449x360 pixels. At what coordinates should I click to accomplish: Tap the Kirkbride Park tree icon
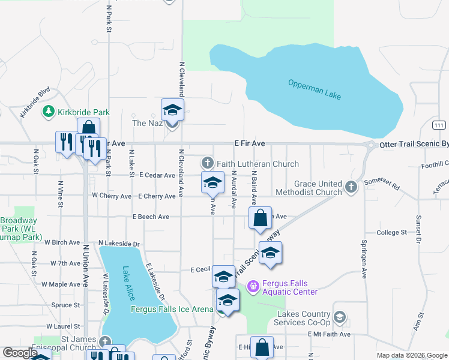click(x=48, y=112)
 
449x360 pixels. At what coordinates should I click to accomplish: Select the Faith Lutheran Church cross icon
click(x=207, y=163)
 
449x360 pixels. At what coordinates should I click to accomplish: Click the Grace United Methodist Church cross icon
click(x=351, y=188)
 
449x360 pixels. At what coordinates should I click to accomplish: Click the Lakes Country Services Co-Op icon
click(x=339, y=317)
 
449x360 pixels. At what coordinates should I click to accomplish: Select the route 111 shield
click(x=439, y=124)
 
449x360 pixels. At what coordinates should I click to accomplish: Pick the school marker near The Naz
click(x=172, y=109)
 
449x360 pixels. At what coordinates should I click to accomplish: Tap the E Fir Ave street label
click(x=249, y=144)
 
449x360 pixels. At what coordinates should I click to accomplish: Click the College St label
click(x=391, y=232)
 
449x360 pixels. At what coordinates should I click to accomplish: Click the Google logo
click(x=20, y=353)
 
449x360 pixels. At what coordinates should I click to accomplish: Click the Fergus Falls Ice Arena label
click(x=172, y=309)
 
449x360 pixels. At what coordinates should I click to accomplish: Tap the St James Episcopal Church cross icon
click(x=106, y=341)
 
